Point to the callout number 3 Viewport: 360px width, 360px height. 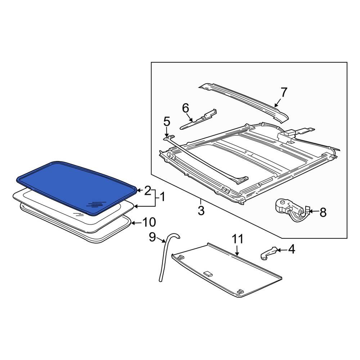coord(201,210)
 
